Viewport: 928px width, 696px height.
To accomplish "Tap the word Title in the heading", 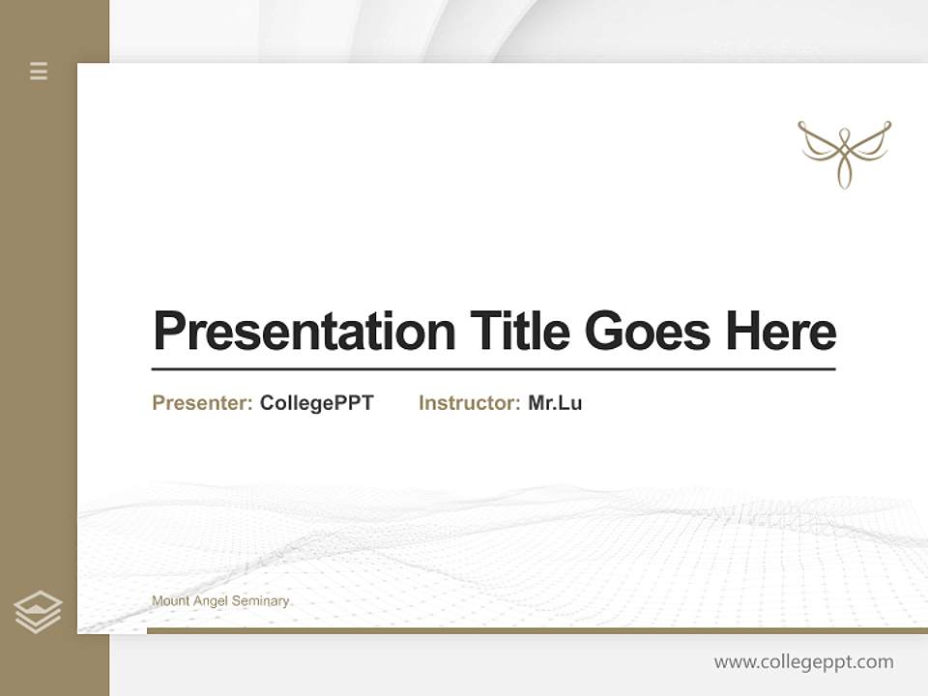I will coord(519,332).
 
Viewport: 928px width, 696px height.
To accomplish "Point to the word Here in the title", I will coord(781,332).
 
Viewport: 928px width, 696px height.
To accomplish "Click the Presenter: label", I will coord(202,403).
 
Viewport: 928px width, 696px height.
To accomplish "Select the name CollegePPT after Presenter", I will coord(316,403).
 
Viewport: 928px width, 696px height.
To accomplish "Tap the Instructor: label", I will coord(469,403).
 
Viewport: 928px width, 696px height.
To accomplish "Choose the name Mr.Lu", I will coord(555,403).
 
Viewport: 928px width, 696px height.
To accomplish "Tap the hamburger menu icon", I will coord(39,71).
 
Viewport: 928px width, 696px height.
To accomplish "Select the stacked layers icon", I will coord(38,612).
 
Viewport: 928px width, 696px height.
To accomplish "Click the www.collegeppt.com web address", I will coord(803,662).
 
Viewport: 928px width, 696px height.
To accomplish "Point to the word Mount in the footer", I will coord(170,601).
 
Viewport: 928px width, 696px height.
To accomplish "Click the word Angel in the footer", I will coord(211,601).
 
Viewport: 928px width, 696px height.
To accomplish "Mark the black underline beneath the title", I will coord(493,368).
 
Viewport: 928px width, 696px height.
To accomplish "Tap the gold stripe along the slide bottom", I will coord(536,630).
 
